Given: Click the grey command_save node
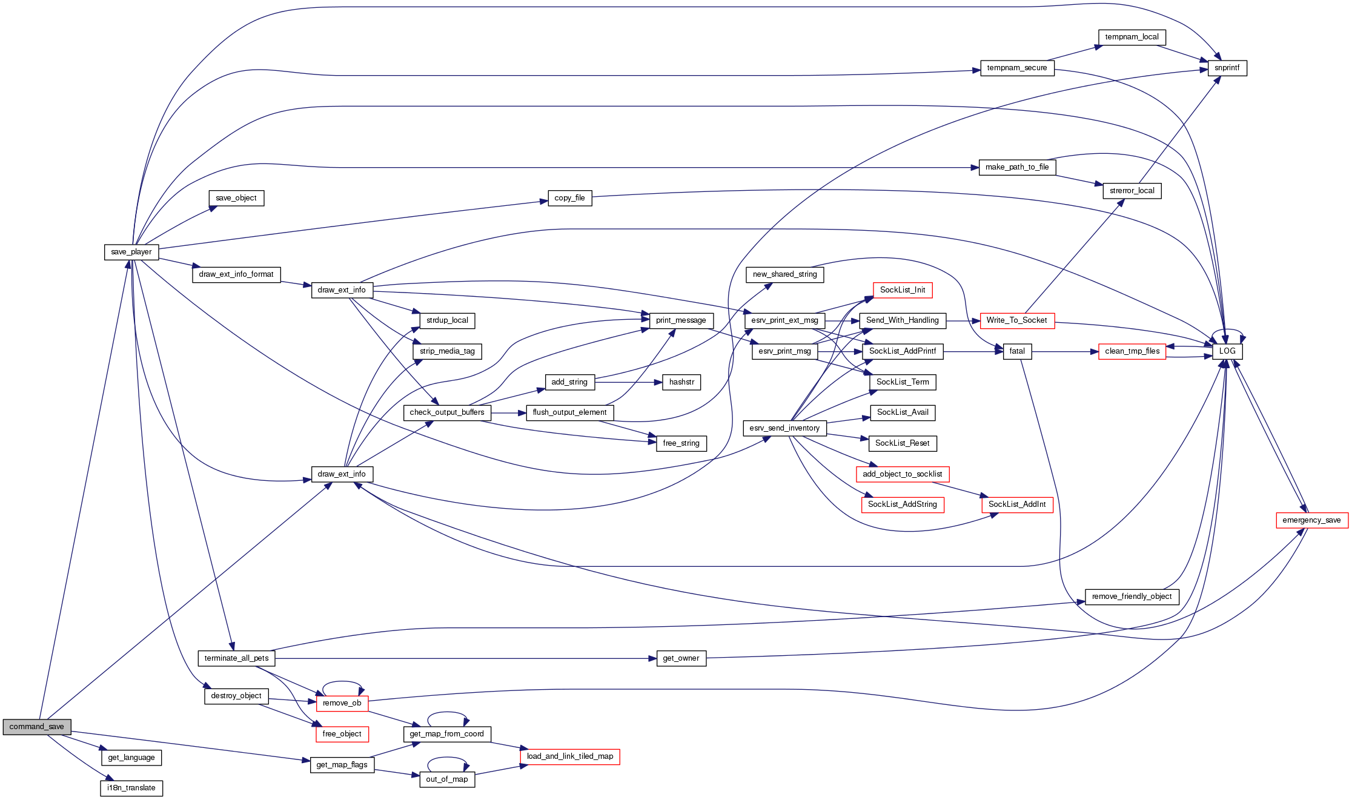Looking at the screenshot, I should (37, 727).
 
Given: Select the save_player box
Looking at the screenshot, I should (131, 252).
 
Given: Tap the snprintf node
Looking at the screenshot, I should (1227, 68).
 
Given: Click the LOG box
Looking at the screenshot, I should (1227, 351).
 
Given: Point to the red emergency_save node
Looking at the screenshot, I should (1311, 520).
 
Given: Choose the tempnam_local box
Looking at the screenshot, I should (1132, 37).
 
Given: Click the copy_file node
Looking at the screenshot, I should (569, 198).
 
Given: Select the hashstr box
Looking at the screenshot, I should (681, 382).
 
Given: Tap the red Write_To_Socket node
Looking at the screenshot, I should (1016, 320).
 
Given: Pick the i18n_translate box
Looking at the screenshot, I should (131, 788).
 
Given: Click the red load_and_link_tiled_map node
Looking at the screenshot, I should (569, 756).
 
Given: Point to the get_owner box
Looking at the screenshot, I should (681, 658).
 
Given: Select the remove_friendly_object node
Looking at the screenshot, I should (1132, 597).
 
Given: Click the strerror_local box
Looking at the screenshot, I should (1132, 191).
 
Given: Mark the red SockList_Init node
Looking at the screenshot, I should (902, 290).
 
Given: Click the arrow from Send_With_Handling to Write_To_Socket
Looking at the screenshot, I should (963, 320).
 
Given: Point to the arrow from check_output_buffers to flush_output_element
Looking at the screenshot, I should (509, 413).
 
